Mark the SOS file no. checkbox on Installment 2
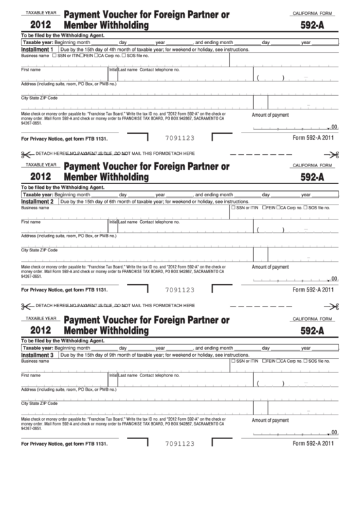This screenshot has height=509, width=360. point(305,208)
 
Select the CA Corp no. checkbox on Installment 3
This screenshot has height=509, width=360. point(278,360)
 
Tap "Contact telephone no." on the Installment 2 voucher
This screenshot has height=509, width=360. point(160,222)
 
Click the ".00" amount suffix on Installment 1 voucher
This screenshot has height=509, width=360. point(333,127)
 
